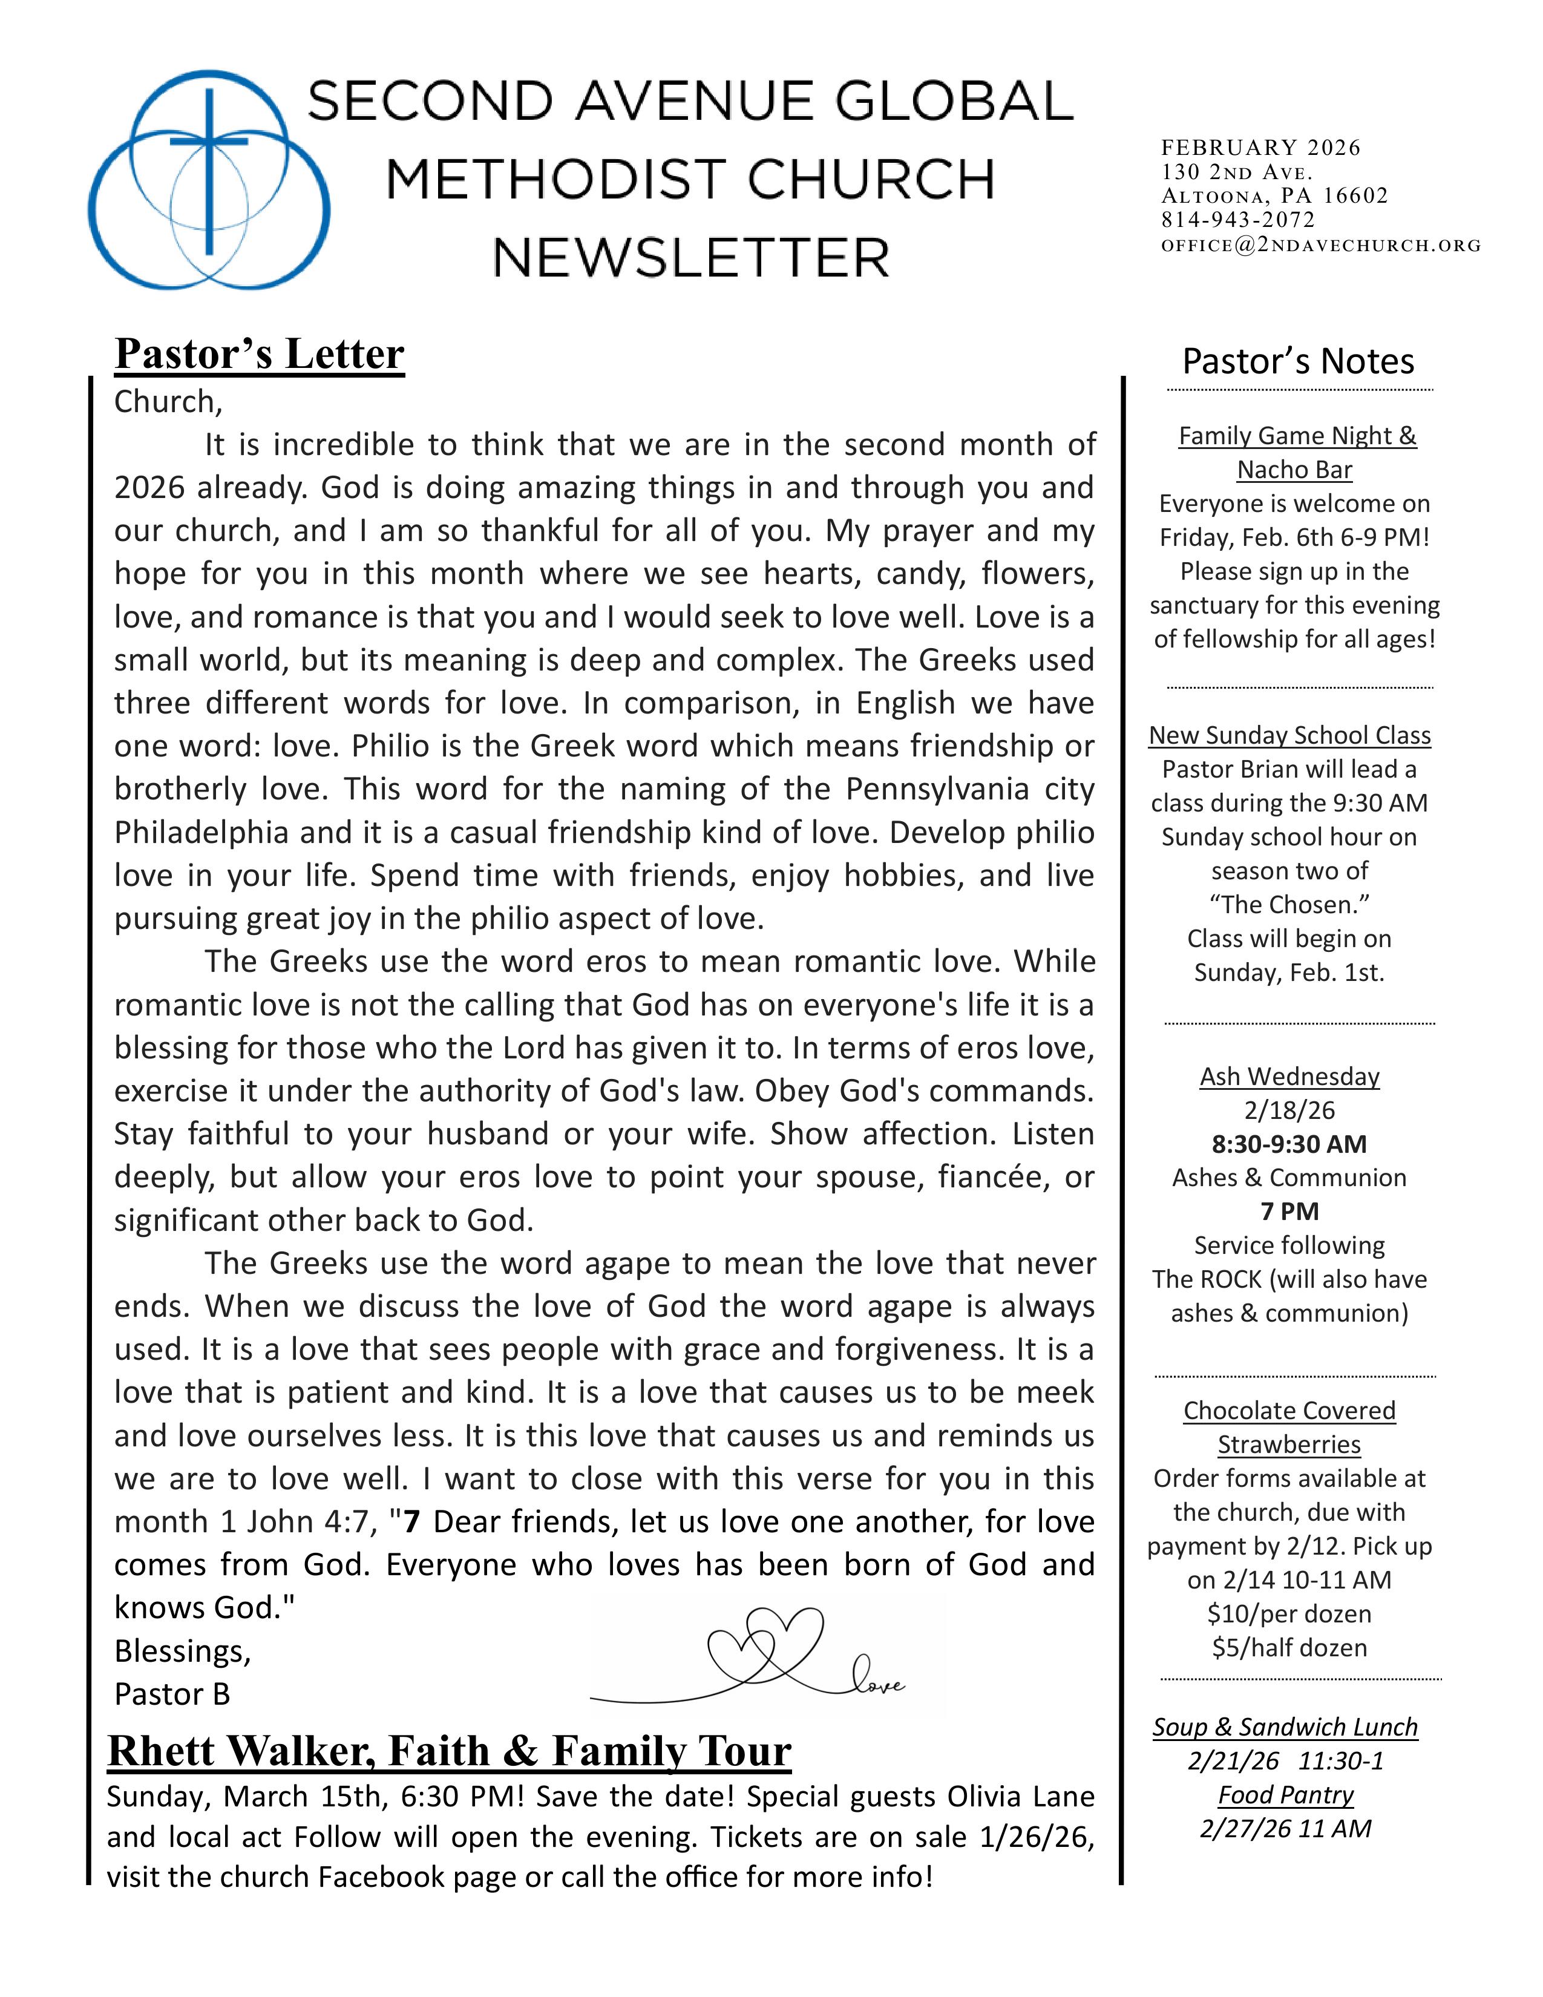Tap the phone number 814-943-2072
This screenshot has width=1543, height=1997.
[x=1237, y=220]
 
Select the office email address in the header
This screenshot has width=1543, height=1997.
[x=1320, y=245]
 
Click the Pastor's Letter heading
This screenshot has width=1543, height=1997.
[x=260, y=354]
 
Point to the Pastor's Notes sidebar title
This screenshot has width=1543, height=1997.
[x=1298, y=361]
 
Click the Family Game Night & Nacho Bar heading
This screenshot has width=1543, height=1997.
[x=1296, y=453]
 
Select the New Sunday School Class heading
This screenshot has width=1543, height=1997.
[x=1289, y=735]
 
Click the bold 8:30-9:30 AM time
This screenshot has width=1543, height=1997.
[x=1289, y=1144]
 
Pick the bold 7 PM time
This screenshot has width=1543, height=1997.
[x=1289, y=1212]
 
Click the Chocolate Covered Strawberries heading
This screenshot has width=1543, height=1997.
[x=1289, y=1428]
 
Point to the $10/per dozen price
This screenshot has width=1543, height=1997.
[x=1289, y=1614]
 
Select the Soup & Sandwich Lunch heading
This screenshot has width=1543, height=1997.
[x=1284, y=1727]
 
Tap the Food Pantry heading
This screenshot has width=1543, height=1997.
[x=1285, y=1795]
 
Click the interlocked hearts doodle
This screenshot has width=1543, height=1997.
[x=766, y=1650]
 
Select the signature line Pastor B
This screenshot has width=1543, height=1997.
[x=172, y=1694]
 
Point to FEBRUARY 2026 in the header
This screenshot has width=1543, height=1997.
[x=1260, y=147]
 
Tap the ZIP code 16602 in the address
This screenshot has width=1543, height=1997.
[x=1355, y=195]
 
